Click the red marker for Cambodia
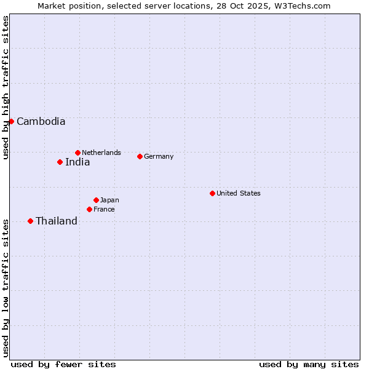click(11, 121)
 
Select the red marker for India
click(60, 162)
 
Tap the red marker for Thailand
click(30, 221)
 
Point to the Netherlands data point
click(77, 153)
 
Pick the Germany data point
click(140, 156)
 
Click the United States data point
click(212, 193)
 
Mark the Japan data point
click(96, 200)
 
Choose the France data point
click(89, 209)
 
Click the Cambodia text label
click(41, 121)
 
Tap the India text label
click(77, 162)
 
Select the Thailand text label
click(57, 221)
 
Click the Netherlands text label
click(101, 153)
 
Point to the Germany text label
click(159, 156)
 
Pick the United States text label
click(239, 193)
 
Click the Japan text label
click(109, 200)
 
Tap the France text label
click(104, 209)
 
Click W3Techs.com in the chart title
click(303, 6)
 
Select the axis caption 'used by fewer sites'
click(63, 364)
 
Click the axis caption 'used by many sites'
click(309, 364)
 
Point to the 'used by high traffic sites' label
click(6, 88)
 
